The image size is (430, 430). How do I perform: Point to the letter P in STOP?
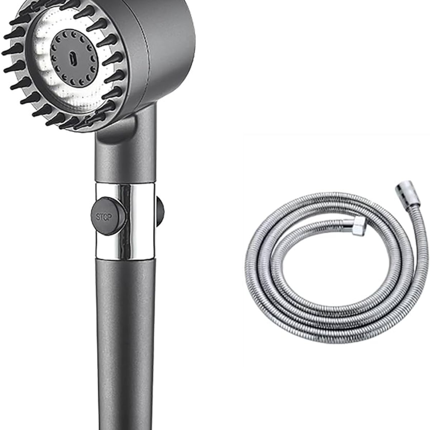click(110, 217)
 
